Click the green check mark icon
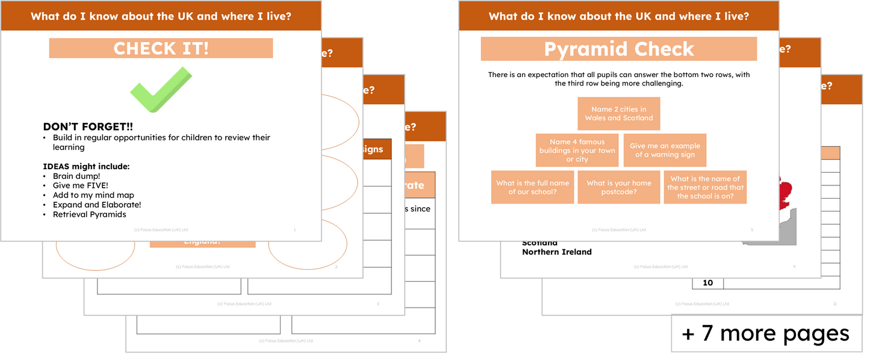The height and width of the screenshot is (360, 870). (x=160, y=90)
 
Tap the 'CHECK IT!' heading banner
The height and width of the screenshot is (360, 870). (x=161, y=48)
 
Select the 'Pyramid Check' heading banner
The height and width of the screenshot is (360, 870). (x=618, y=49)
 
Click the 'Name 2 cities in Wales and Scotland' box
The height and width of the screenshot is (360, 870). (x=618, y=114)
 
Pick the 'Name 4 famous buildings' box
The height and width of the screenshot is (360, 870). (x=577, y=151)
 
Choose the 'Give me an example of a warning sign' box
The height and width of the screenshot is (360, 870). (x=665, y=151)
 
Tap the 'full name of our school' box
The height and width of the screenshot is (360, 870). (x=532, y=187)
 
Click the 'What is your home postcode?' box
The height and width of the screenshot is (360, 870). (x=618, y=187)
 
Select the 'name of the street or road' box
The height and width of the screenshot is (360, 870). (x=705, y=187)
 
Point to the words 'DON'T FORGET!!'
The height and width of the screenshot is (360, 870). (x=88, y=127)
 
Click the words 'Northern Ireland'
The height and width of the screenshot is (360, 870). (x=556, y=252)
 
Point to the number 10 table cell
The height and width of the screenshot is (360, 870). (x=707, y=283)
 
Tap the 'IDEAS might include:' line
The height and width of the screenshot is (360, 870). (x=86, y=166)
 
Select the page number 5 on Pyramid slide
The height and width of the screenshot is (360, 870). (x=752, y=230)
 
